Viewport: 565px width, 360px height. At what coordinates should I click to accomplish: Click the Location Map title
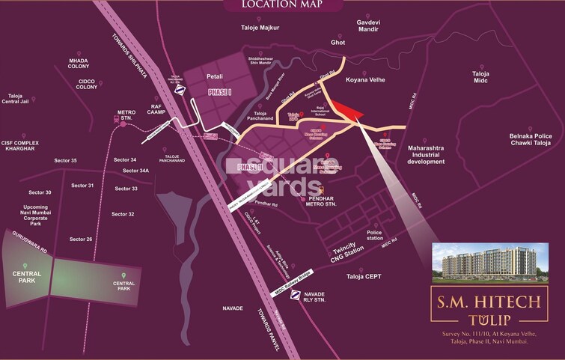281,7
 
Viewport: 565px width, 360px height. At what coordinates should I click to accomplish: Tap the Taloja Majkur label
257,28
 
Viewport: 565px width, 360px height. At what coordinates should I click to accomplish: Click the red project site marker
343,110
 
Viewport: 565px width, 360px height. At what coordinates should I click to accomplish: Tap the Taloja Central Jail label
24,100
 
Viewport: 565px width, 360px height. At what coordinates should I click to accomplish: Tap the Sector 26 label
81,240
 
